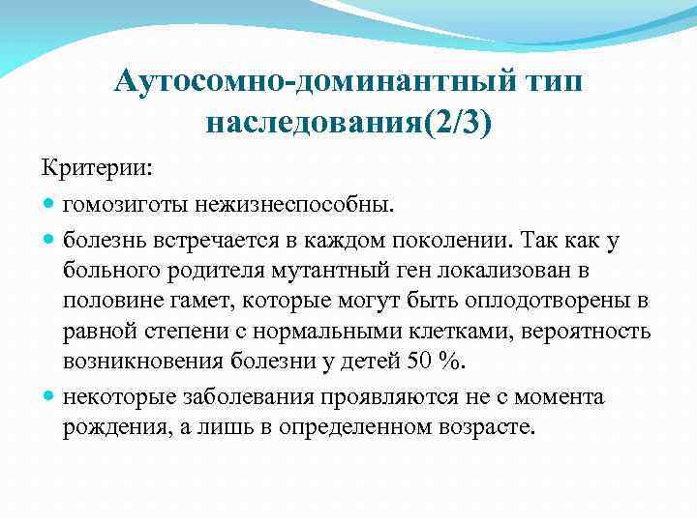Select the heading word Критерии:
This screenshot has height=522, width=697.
[x=96, y=166]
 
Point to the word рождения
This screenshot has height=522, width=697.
[x=117, y=427]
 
